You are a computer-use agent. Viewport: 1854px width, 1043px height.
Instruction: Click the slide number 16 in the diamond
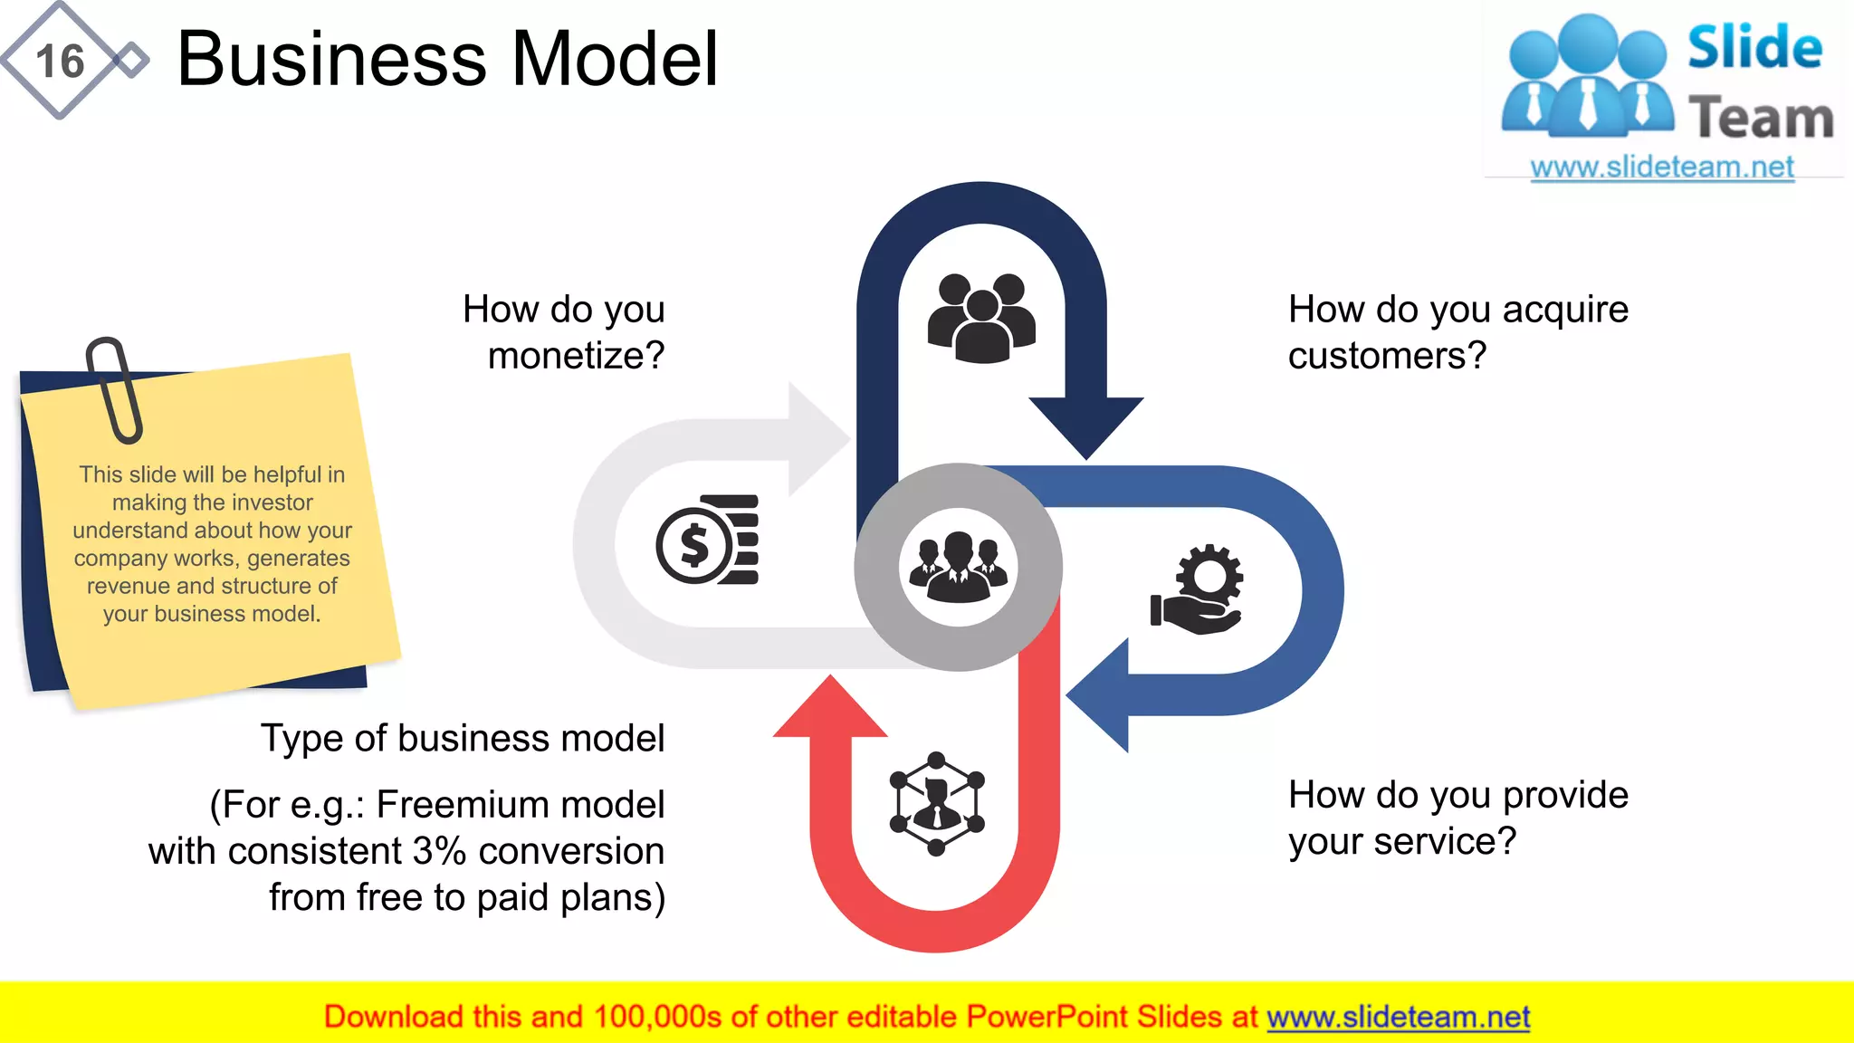[60, 62]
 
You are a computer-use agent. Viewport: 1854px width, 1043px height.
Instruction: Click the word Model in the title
[616, 60]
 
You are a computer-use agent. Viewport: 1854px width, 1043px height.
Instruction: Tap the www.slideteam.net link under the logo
[1662, 167]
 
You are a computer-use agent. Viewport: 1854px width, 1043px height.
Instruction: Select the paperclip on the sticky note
[115, 389]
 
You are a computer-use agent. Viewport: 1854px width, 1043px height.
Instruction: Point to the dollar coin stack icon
[707, 541]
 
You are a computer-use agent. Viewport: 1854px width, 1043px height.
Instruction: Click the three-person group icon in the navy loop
[981, 317]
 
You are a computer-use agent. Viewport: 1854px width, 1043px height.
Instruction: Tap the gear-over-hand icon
[1198, 589]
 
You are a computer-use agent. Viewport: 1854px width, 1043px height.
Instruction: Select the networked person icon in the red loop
[937, 803]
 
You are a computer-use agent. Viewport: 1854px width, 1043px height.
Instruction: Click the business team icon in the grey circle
[958, 568]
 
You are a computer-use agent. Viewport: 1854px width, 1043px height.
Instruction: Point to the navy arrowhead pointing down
[1086, 426]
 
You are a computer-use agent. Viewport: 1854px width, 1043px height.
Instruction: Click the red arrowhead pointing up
[830, 711]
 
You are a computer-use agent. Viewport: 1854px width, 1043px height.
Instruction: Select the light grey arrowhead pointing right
[817, 440]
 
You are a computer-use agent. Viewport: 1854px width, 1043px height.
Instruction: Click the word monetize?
[576, 356]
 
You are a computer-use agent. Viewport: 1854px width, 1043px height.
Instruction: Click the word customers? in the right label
[1387, 356]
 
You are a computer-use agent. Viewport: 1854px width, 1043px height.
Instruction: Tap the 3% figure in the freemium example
[439, 851]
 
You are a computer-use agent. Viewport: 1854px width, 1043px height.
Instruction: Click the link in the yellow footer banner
[1398, 1018]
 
